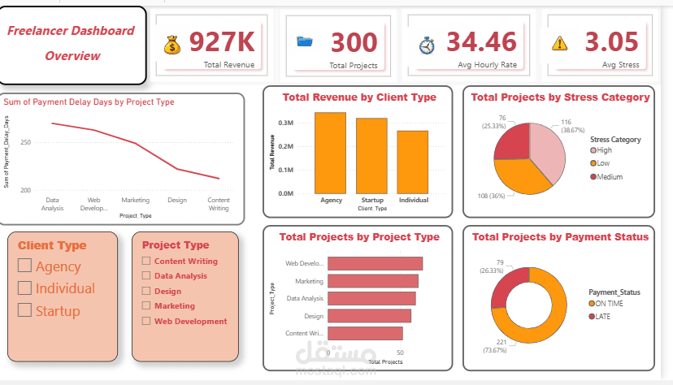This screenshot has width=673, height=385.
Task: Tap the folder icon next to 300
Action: click(305, 42)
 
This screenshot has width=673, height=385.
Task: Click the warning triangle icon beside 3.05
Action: click(560, 43)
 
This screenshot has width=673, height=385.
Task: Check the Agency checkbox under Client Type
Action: click(24, 265)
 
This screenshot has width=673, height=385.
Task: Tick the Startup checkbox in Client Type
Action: click(24, 309)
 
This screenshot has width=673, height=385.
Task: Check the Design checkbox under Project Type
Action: click(146, 291)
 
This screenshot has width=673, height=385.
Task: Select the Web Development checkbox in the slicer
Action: click(146, 321)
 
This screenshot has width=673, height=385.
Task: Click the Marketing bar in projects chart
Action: click(372, 281)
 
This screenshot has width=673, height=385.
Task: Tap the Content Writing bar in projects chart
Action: click(364, 333)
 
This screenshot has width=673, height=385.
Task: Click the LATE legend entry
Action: click(601, 315)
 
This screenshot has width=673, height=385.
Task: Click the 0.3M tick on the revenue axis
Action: click(285, 122)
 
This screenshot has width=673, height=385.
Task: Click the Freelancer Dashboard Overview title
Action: click(72, 44)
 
